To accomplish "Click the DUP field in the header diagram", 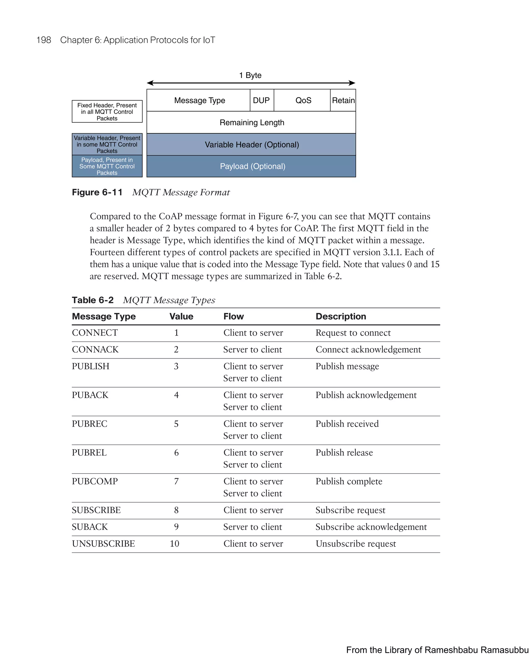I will [x=262, y=100].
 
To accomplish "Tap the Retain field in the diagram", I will [x=343, y=100].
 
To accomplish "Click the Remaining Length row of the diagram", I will [x=252, y=122].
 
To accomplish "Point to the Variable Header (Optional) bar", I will [x=252, y=144].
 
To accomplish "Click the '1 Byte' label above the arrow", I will [x=250, y=75].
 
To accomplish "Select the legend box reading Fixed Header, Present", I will [x=107, y=112].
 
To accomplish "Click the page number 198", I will [x=44, y=40].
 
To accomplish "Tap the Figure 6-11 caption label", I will [x=97, y=192].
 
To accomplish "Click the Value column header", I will [x=181, y=316].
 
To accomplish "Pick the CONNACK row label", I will [x=95, y=349].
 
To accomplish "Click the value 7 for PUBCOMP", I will [x=176, y=481].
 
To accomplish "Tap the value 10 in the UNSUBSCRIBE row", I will [x=174, y=544].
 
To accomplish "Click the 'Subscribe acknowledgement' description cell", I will [x=371, y=527].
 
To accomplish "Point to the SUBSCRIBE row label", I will [x=96, y=510].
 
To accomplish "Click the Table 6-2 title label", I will [x=92, y=300].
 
